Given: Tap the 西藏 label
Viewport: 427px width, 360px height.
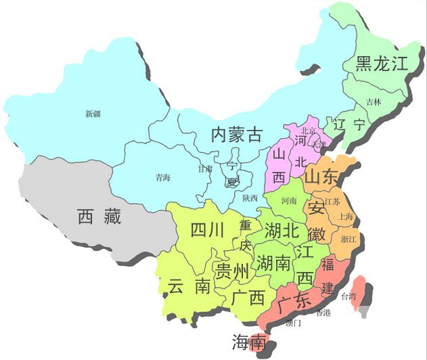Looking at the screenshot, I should point(99,217).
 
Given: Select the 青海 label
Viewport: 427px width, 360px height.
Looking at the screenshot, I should point(162,178).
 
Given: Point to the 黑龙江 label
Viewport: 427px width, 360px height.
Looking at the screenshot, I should point(382,64).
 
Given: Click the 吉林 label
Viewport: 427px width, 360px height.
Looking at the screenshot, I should point(374,102).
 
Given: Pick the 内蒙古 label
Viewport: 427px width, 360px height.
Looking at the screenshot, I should point(236,134).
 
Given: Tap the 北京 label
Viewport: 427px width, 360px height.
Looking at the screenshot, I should point(309,131).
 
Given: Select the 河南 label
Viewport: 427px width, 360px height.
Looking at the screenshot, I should point(289,200).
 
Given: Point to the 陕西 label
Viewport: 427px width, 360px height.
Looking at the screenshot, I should point(250,198).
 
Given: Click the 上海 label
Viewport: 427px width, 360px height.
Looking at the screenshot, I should point(346,217).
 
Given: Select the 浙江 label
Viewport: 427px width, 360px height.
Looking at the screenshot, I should point(349,239).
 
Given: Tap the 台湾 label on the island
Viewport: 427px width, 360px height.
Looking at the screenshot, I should point(348,296).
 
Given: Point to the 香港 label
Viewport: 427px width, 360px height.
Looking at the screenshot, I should point(323,312).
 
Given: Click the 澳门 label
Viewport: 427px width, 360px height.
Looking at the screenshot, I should point(294,323).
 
